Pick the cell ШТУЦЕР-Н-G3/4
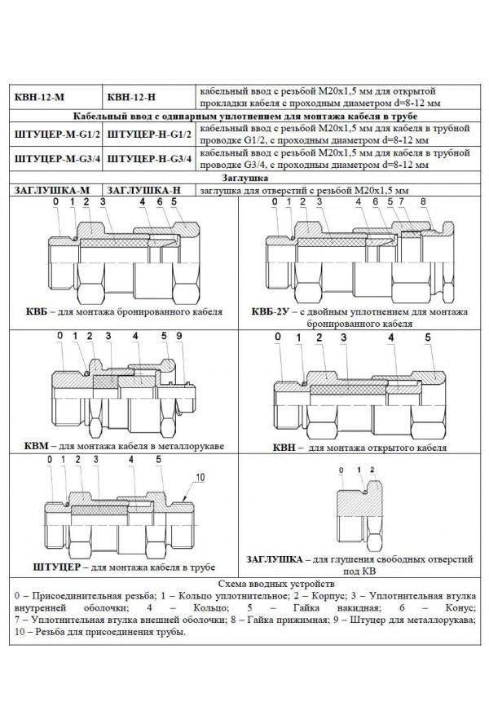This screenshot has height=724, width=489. point(150,157)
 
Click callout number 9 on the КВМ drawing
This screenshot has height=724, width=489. point(178,336)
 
